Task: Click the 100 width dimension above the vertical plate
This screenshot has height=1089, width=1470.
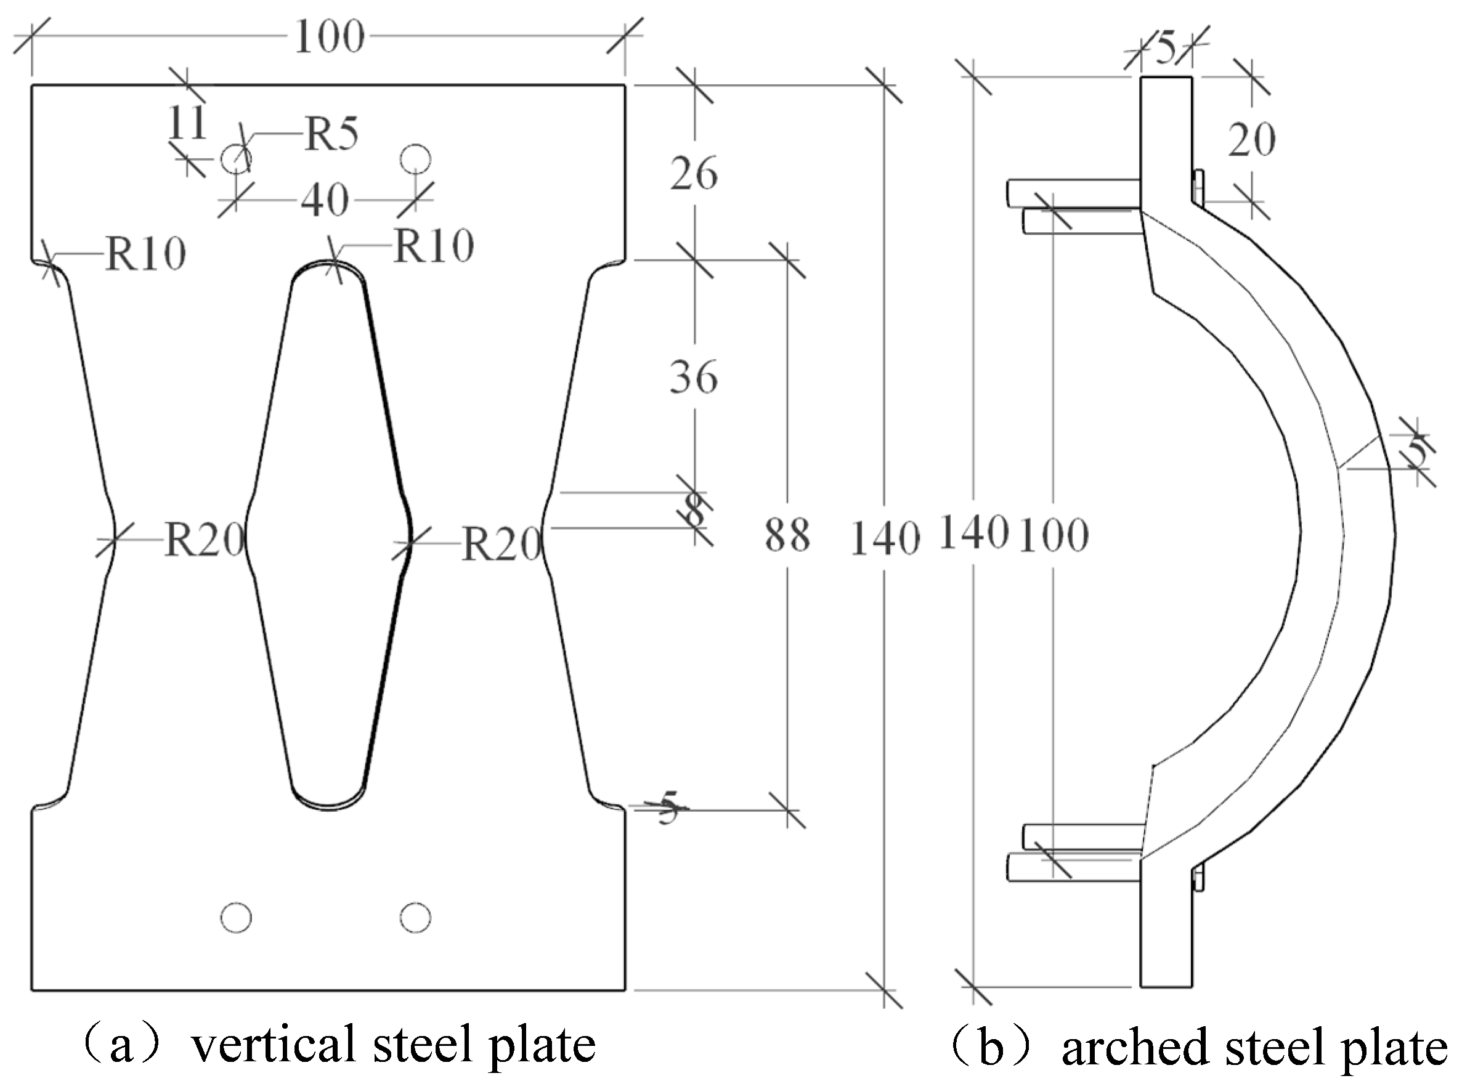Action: [329, 38]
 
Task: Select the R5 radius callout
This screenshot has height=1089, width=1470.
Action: [331, 135]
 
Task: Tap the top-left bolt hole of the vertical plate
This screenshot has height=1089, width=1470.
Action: [235, 159]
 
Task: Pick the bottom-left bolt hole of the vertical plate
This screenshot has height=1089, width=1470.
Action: [236, 918]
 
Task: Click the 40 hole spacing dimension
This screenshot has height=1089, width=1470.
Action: [325, 200]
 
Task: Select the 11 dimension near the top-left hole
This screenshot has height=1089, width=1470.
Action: [187, 123]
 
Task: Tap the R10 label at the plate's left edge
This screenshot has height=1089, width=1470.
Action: [145, 254]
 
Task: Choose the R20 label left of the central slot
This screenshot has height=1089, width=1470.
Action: [204, 541]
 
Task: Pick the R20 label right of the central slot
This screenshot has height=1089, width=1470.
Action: [502, 545]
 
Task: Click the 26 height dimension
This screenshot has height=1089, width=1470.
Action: [694, 175]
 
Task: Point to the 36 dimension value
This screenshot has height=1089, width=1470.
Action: [694, 378]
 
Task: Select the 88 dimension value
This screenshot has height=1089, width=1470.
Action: [787, 535]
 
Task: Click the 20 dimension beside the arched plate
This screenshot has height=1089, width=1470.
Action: [1251, 140]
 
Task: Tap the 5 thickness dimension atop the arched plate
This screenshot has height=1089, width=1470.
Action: [1166, 50]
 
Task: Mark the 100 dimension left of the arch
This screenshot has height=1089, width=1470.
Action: [1054, 535]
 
